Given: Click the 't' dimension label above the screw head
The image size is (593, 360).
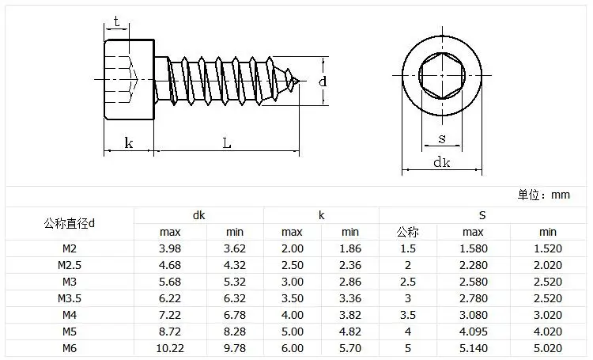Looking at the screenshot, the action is click(x=116, y=21).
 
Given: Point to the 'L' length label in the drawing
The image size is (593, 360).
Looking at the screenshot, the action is click(x=227, y=143).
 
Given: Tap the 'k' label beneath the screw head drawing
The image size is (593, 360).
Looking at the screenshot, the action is click(x=129, y=142).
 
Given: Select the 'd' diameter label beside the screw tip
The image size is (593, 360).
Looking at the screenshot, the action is click(x=323, y=81).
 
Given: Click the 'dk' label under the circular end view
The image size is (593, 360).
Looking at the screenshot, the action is click(x=442, y=162).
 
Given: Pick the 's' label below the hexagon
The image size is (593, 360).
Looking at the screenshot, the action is click(x=442, y=139).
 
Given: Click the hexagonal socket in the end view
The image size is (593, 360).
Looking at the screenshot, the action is click(x=442, y=75).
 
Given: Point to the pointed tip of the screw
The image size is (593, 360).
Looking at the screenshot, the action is click(x=299, y=81).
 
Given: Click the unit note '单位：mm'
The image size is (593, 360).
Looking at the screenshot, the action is click(x=543, y=195).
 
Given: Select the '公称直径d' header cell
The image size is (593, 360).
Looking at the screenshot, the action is click(x=70, y=223).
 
